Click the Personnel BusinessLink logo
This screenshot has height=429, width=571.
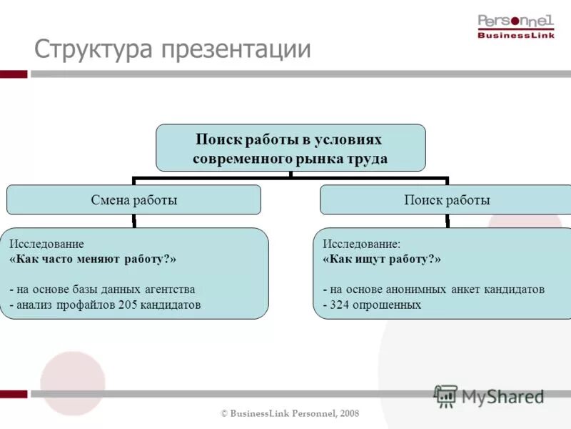(515, 26)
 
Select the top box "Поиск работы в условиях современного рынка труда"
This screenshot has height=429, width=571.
(290, 147)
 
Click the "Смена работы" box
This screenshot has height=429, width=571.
(133, 200)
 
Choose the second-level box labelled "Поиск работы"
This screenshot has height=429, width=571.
(447, 200)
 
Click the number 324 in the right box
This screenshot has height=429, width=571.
(340, 305)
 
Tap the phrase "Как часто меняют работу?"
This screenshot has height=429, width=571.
(93, 259)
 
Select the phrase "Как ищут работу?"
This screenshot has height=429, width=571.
(382, 259)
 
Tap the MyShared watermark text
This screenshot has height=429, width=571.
(502, 396)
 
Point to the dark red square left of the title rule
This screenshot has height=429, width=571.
(14, 74)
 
